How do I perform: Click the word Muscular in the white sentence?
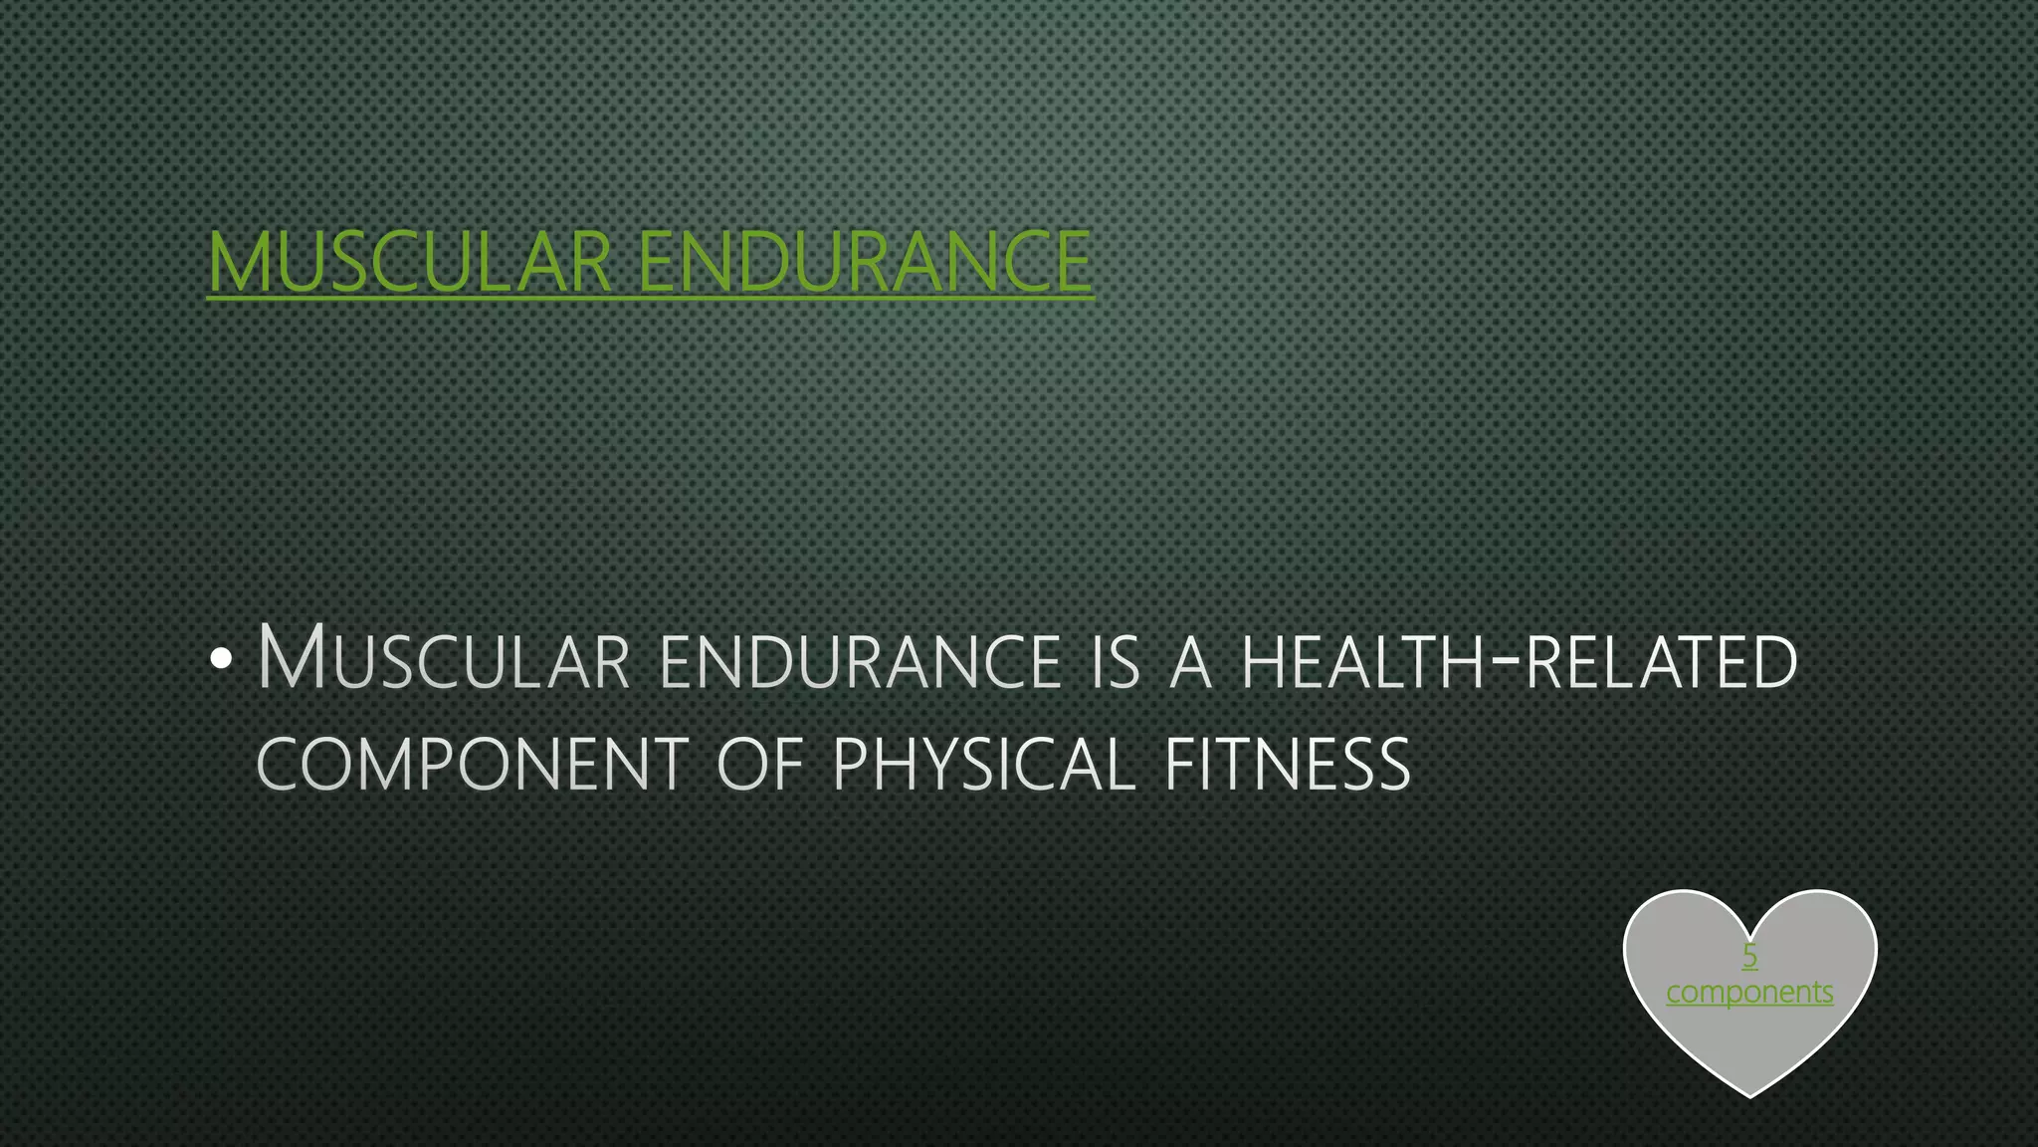(x=444, y=659)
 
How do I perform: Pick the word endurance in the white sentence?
(x=861, y=661)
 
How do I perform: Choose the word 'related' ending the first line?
(x=1661, y=662)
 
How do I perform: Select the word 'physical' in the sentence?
(x=983, y=765)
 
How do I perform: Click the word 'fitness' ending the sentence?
(x=1287, y=765)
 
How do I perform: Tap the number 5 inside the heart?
(x=1749, y=957)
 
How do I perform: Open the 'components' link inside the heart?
(x=1749, y=993)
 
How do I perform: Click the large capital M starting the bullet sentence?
(x=291, y=657)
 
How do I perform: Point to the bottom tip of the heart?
(x=1750, y=1094)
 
